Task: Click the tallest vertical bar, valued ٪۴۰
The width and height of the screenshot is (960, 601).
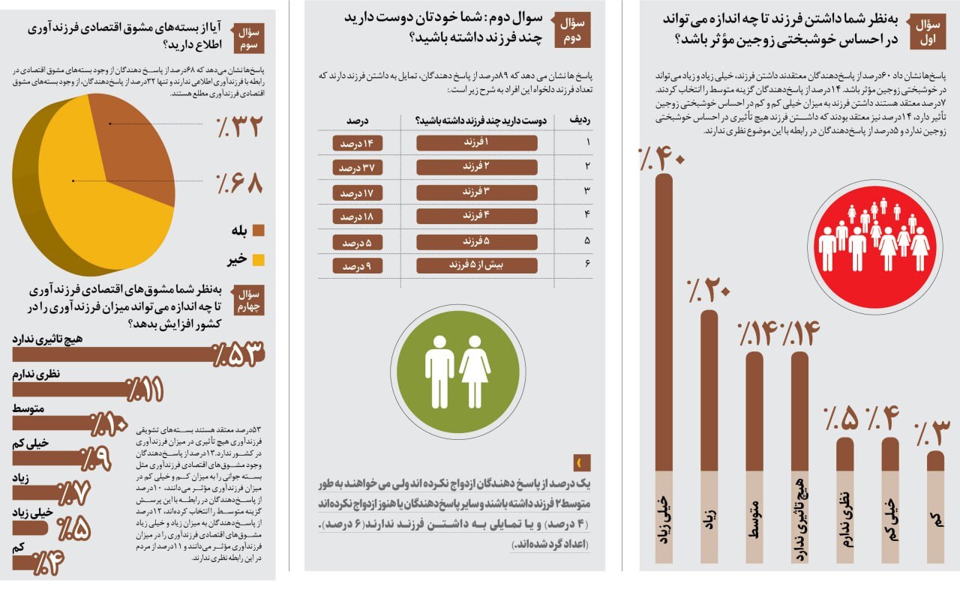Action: coord(664,322)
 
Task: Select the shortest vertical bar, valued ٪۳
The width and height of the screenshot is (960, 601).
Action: coord(935,461)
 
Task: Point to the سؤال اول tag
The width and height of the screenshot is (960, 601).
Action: coord(931,33)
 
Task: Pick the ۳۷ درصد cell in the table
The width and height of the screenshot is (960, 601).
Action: coord(358,168)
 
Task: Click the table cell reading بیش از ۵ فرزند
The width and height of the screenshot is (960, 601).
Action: coord(476,265)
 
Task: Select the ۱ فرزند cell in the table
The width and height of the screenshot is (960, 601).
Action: coord(476,142)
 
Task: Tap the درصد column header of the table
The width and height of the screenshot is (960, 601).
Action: coord(358,121)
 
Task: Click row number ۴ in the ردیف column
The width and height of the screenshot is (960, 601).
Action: coord(588,217)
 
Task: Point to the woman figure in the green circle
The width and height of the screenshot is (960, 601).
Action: coord(475,371)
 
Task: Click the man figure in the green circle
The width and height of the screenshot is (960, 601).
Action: coord(439,371)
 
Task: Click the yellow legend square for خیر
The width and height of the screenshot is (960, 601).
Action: coord(259,260)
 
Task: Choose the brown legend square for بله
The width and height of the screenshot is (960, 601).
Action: coord(259,230)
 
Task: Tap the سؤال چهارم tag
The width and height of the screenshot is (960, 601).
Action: coord(249,299)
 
